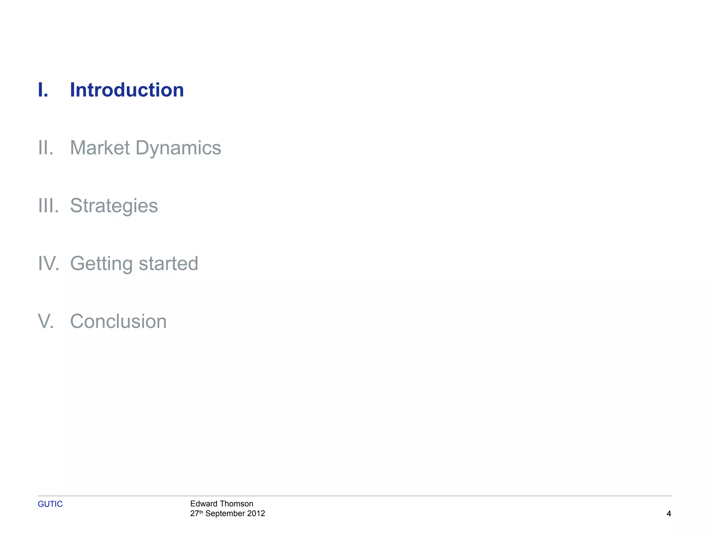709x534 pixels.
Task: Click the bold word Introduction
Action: [x=127, y=90]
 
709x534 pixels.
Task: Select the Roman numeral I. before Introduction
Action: [x=43, y=90]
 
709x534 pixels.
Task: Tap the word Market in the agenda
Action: [x=100, y=148]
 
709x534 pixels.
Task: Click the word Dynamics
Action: [x=178, y=148]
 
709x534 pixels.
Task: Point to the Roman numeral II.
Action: [x=46, y=148]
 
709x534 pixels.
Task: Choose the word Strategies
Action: [x=114, y=206]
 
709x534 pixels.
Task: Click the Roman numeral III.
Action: [x=48, y=206]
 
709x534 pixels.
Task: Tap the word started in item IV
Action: [x=168, y=264]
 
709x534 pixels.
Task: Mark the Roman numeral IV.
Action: [x=48, y=264]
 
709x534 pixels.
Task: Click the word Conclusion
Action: [x=118, y=321]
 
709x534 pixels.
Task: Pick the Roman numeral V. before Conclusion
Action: [x=46, y=321]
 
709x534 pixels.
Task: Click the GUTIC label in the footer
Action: [x=50, y=504]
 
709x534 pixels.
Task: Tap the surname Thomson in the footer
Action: [x=236, y=504]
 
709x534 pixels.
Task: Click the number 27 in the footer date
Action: [x=195, y=514]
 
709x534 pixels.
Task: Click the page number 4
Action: [x=669, y=514]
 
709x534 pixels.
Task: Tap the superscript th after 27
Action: [x=201, y=511]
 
